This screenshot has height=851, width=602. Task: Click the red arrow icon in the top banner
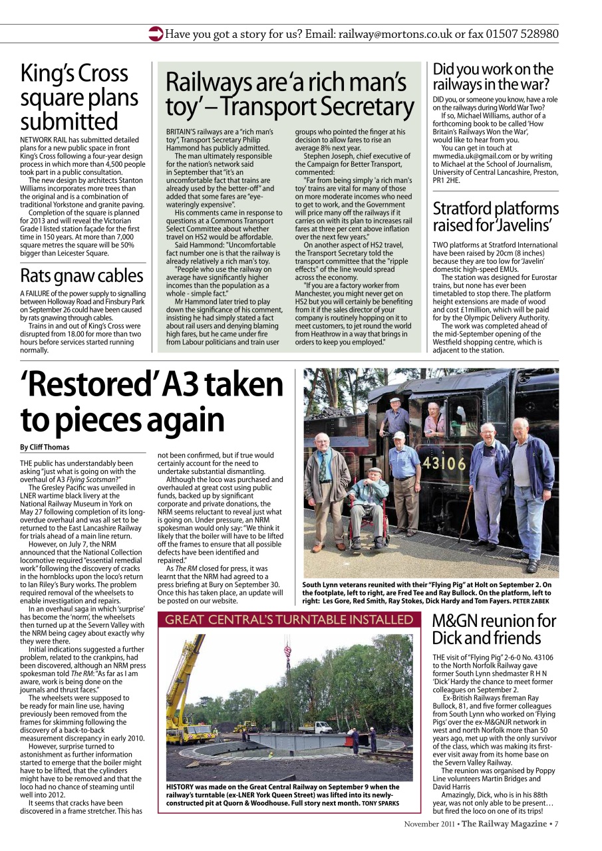tap(156, 33)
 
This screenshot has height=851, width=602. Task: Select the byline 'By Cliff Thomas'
tap(45, 447)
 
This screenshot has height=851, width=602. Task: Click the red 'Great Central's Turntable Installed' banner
tap(289, 620)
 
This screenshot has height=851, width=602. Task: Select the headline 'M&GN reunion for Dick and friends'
tap(494, 630)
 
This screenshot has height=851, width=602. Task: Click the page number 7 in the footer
tap(556, 824)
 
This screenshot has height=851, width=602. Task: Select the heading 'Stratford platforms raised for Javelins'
tap(495, 217)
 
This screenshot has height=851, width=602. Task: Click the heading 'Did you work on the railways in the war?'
tap(492, 77)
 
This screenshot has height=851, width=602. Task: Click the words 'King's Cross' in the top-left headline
tap(73, 73)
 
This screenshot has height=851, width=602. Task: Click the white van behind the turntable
tap(316, 727)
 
